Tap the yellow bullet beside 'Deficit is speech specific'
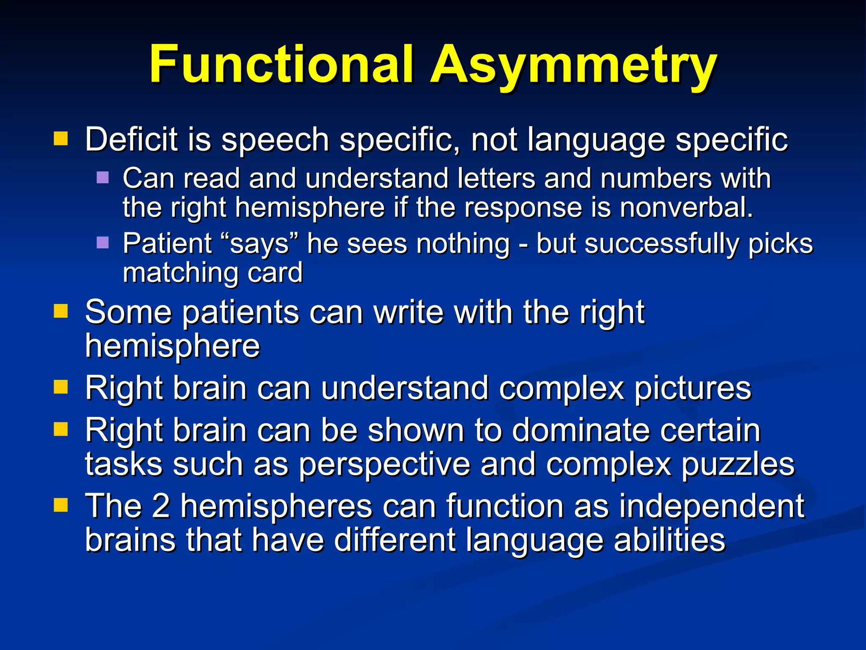[61, 138]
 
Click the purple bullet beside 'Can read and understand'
[103, 177]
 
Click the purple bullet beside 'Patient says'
[103, 242]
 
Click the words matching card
[213, 273]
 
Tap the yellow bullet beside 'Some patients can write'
[61, 311]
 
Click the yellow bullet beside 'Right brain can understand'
[61, 387]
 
